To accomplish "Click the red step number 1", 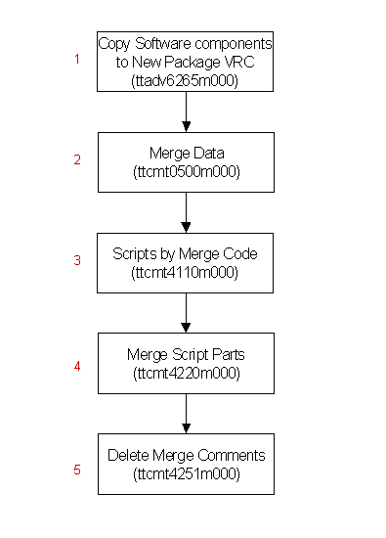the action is point(77,59).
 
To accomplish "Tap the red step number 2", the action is point(77,159).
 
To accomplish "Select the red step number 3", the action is point(77,260).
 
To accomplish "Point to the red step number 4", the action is point(77,366).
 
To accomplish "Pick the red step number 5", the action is point(77,470).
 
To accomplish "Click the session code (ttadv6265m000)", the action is point(185,81).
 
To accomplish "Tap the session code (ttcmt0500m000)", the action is point(187,172).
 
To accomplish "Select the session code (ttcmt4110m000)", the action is point(185,273).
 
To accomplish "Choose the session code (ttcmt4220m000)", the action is point(187,374).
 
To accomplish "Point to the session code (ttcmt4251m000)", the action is point(187,474).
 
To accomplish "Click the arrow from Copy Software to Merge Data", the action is point(186,112).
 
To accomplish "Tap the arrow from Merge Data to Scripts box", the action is point(186,212).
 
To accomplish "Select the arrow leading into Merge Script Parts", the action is point(186,313).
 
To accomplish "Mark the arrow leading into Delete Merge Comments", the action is point(186,414).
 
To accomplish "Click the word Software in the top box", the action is point(163,44).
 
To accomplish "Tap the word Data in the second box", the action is point(208,153).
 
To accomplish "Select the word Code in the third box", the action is point(240,254).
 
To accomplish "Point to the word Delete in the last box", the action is point(129,455).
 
